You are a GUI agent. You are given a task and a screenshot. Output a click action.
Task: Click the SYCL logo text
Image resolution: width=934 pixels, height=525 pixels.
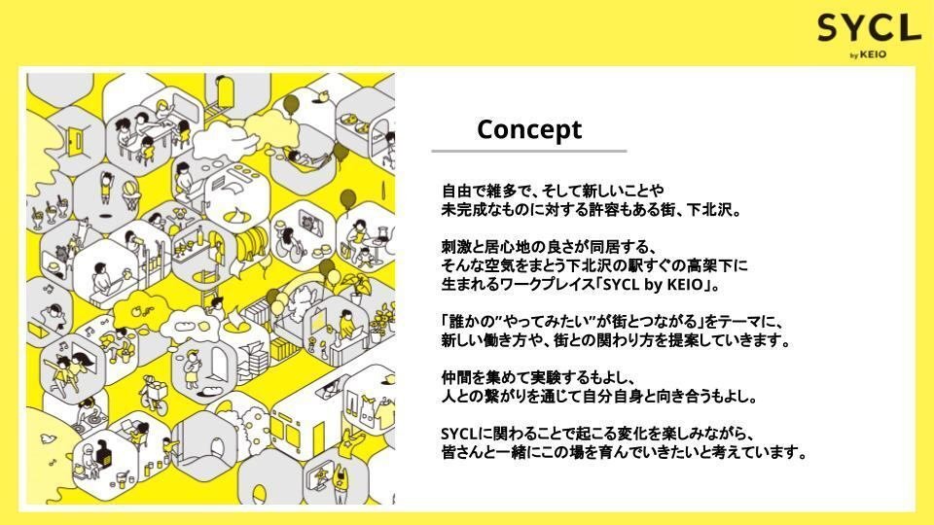[869, 28]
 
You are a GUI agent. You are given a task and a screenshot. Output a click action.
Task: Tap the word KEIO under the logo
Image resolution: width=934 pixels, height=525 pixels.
[873, 54]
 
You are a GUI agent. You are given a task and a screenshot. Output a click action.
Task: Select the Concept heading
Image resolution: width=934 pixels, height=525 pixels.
[529, 129]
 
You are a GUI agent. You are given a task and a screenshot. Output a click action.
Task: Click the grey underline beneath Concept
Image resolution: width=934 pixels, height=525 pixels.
[529, 151]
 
